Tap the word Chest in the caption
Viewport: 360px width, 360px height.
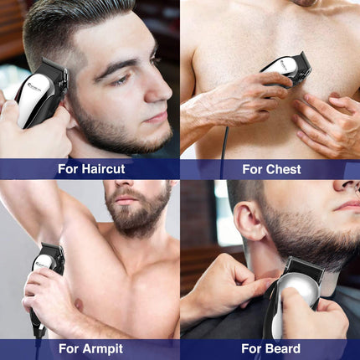tap(283, 169)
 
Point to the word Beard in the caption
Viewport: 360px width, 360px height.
tap(283, 349)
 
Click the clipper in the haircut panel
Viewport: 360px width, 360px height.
tap(40, 94)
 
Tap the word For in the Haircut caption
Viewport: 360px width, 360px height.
tap(69, 169)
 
